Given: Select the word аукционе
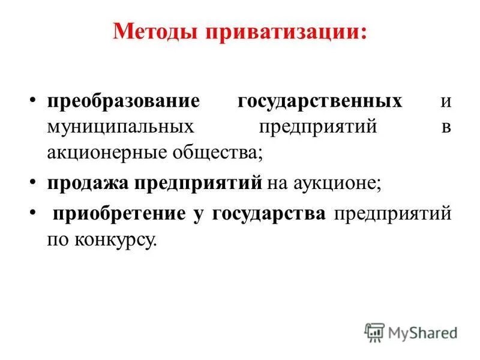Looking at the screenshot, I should (x=337, y=183).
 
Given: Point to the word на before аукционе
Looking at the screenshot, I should (x=277, y=183).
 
